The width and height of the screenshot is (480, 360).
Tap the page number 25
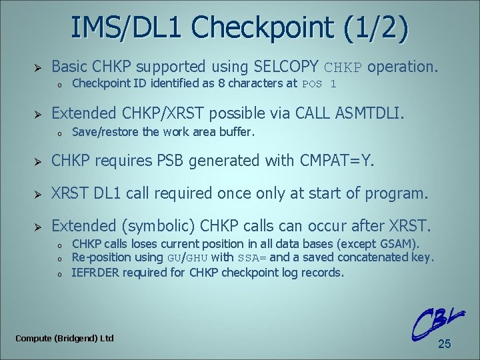(445, 344)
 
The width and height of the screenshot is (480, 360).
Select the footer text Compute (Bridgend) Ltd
(65, 338)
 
